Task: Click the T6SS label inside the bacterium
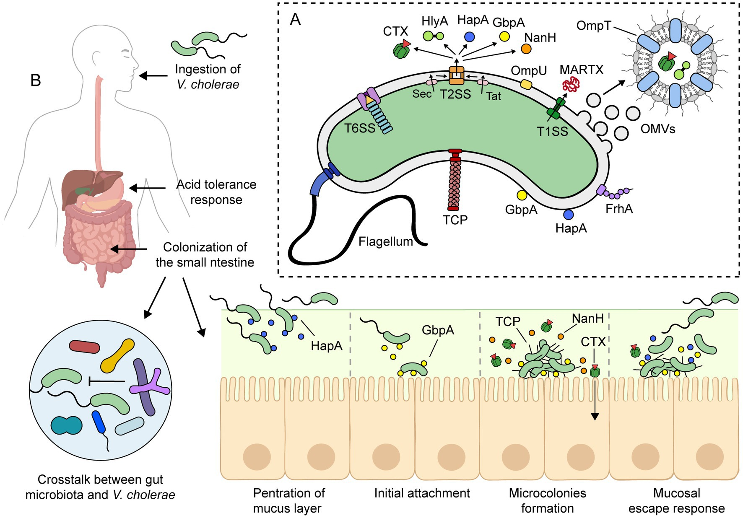click(359, 128)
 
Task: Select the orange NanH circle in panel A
click(526, 49)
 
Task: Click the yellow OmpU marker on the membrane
click(526, 84)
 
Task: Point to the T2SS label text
click(455, 95)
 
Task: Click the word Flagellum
click(385, 242)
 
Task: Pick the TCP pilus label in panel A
click(455, 220)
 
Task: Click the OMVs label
click(657, 129)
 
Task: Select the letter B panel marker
click(36, 80)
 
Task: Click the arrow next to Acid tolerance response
click(147, 188)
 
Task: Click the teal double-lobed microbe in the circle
click(66, 425)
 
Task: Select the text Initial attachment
click(422, 493)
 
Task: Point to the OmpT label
click(593, 26)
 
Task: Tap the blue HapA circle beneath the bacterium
click(568, 215)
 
